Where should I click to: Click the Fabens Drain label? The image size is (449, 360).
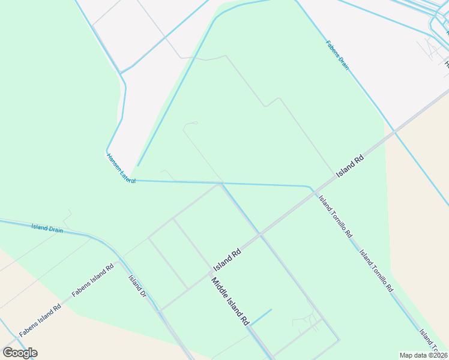[337, 55]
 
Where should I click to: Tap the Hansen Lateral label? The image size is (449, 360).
[121, 168]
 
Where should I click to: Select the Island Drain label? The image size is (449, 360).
[47, 228]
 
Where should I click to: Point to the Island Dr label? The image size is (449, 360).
[137, 287]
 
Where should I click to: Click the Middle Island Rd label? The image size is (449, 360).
[230, 301]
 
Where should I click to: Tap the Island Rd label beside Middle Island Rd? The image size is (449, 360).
[227, 259]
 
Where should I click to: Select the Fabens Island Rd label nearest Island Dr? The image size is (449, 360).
[92, 280]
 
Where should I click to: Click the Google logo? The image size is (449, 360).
[20, 353]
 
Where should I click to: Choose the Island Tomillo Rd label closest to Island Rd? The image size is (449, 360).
[335, 217]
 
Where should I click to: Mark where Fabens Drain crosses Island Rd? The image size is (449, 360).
[394, 131]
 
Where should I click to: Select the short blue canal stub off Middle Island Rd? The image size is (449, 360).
[261, 317]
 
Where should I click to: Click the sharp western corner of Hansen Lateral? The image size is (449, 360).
[107, 150]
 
